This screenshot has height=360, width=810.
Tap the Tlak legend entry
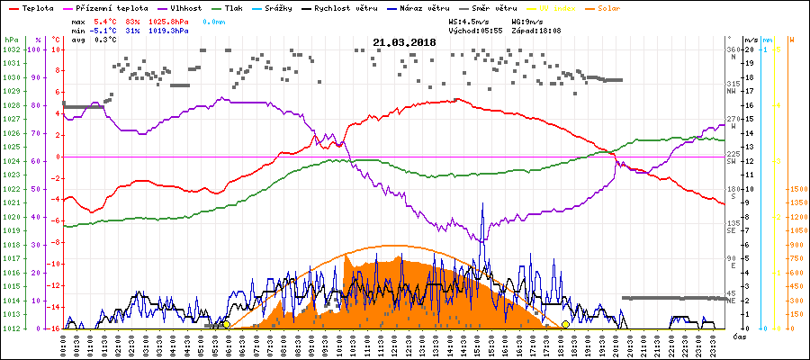pos(234,7)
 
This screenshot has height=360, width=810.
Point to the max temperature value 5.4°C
pos(106,19)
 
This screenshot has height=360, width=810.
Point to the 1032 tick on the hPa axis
pos(11,50)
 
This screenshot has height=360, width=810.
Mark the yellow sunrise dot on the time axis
pos(226,324)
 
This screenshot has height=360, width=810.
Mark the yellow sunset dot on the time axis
pos(565,324)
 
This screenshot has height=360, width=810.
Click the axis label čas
pos(738,336)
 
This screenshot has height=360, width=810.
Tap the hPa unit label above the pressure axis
pos(11,40)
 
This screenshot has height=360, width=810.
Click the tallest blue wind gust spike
pos(483,205)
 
